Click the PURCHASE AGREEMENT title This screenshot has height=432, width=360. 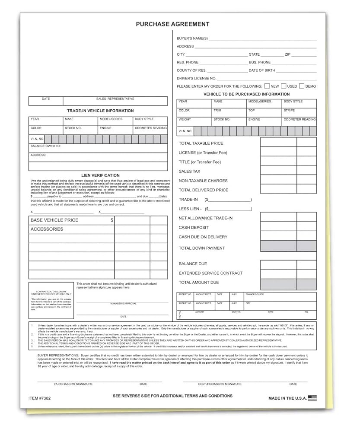tap(172, 24)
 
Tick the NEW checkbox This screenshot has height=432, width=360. tap(267, 86)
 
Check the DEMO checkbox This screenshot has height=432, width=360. tap(302, 86)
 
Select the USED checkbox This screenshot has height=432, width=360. tap(284, 86)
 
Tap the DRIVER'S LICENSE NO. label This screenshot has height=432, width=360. tap(196, 78)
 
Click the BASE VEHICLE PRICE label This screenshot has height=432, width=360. tap(54, 220)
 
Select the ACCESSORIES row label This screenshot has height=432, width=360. tap(47, 229)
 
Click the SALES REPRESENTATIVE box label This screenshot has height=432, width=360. tap(115, 99)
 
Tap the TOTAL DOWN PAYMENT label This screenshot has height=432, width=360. tap(202, 248)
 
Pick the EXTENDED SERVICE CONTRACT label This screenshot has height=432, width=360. tap(210, 273)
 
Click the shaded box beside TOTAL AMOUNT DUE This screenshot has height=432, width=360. tap(278, 284)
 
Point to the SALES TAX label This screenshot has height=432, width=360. tap(189, 172)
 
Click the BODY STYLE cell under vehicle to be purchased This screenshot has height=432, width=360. tap(299, 104)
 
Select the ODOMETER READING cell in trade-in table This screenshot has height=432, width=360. tap(150, 130)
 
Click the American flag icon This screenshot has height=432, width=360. tap(312, 398)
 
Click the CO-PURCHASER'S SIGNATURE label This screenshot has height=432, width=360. tap(220, 384)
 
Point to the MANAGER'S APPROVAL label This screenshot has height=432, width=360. tap(123, 304)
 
